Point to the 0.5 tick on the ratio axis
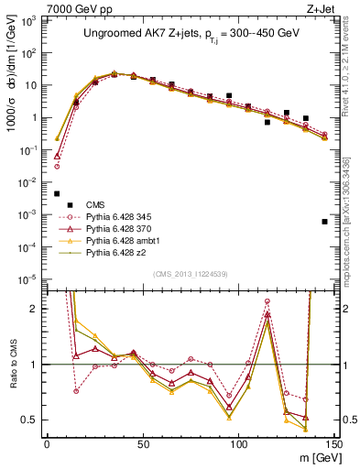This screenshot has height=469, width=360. point(34,420)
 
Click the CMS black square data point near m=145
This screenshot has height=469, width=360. point(324,222)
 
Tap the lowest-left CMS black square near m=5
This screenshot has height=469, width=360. point(57,193)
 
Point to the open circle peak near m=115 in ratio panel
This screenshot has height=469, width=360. point(267,301)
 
